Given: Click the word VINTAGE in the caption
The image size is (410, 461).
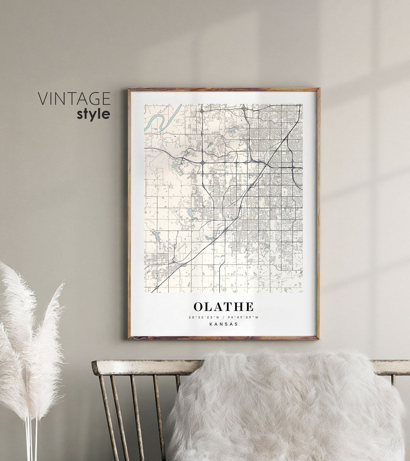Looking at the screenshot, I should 74,99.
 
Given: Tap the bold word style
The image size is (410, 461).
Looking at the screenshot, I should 93,114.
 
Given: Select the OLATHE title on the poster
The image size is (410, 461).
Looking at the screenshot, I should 224,307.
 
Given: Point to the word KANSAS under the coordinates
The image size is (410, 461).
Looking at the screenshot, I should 224,324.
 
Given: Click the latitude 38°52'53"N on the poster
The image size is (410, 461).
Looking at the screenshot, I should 203,317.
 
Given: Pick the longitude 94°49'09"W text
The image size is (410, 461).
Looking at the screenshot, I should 243,317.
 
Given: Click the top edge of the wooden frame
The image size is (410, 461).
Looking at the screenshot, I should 224,90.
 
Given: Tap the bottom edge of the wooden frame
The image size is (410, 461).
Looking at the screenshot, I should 224,337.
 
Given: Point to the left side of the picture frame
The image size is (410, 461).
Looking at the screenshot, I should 129,213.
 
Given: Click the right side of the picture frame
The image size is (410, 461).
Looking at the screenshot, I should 318,213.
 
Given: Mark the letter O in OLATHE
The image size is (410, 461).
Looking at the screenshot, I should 199,307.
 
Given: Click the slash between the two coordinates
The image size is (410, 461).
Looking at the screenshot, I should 224,317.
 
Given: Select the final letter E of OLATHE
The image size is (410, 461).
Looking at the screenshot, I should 249,307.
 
